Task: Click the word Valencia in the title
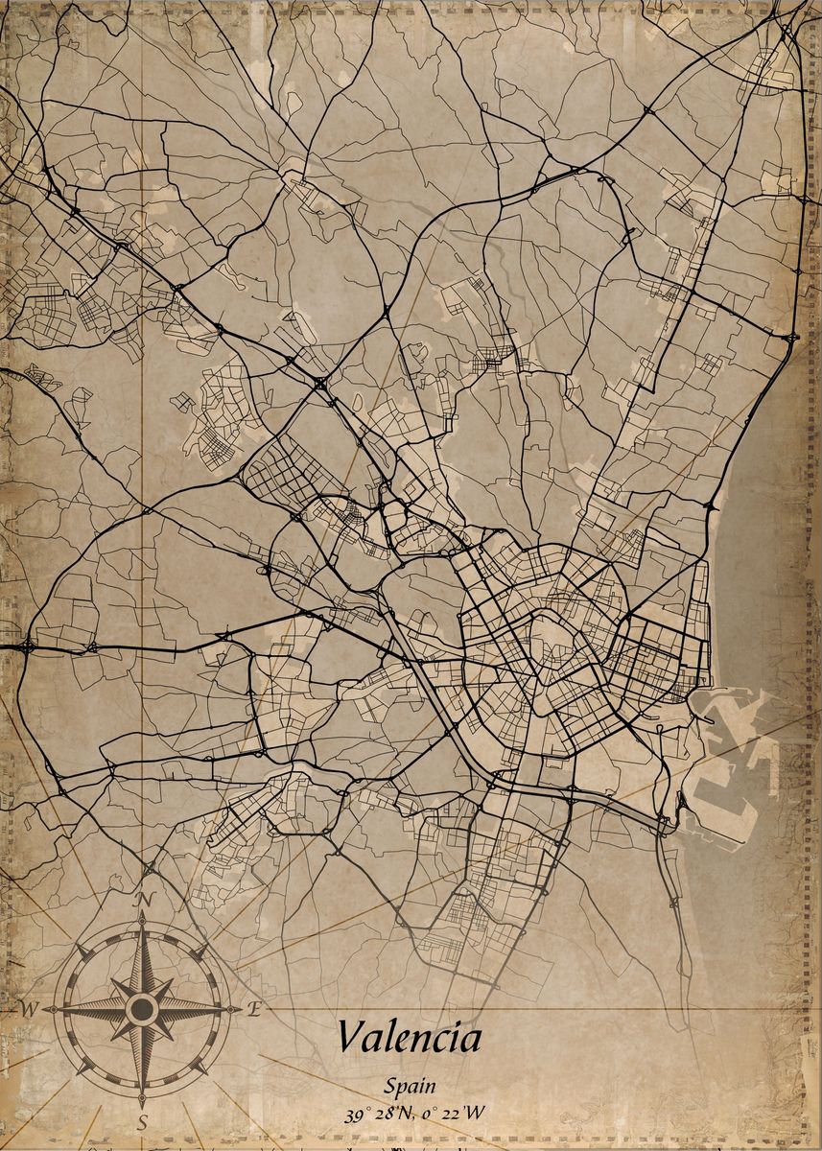click(x=409, y=1038)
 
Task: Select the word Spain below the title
click(x=410, y=1087)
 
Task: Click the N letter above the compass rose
click(x=146, y=899)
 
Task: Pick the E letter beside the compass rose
click(x=255, y=1008)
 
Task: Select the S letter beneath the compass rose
click(x=142, y=1122)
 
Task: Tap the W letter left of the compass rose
click(x=30, y=1009)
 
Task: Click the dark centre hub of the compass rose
click(x=142, y=1009)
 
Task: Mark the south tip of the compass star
click(x=142, y=1101)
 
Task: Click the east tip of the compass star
click(x=240, y=1009)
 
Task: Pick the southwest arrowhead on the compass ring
click(x=82, y=1068)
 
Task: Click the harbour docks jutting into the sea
click(x=734, y=767)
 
